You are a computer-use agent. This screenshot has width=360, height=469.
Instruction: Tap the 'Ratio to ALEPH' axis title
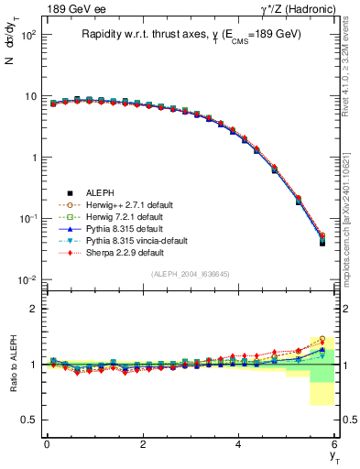point(12,364)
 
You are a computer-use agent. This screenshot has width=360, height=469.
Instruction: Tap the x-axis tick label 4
point(239,444)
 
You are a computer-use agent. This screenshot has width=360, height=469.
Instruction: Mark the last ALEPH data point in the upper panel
point(322,242)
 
